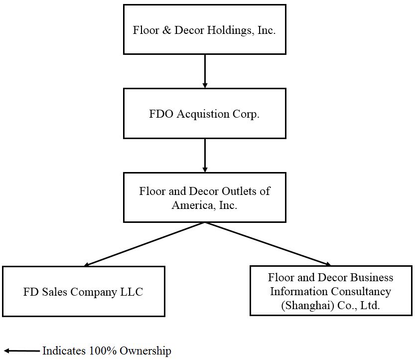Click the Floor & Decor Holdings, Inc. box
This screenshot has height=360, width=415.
[204, 29]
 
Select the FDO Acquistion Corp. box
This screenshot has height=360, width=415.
[204, 114]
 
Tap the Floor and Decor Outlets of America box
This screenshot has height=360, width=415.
[204, 197]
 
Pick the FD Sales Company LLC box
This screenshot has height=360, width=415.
[83, 291]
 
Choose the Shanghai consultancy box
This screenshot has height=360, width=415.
[331, 291]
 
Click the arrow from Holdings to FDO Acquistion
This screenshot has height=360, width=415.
[205, 71]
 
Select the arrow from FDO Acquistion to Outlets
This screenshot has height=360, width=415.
[205, 155]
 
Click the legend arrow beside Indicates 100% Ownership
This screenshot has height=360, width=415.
[22, 351]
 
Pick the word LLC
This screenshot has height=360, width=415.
[132, 292]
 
